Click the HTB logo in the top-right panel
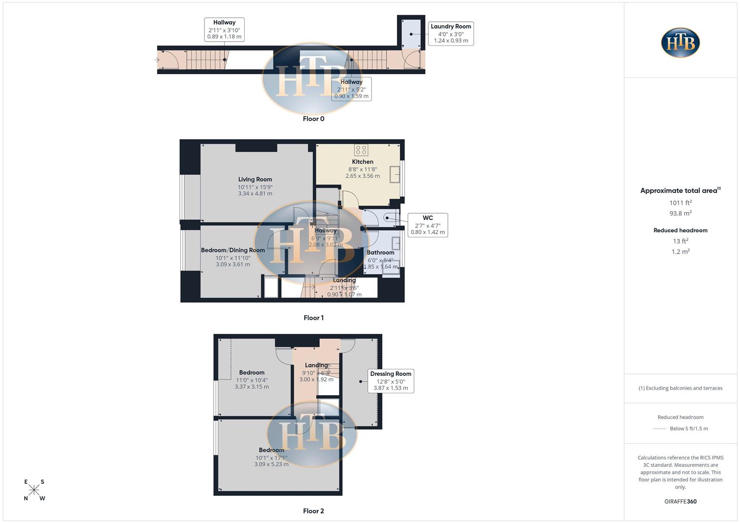tap(680, 43)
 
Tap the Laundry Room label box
tap(451, 33)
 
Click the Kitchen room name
tap(362, 162)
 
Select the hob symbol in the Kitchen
tap(361, 150)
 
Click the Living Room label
tap(255, 180)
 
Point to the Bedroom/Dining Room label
tap(233, 250)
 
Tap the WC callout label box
tap(427, 225)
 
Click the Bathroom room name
tap(380, 252)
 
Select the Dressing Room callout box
tap(391, 381)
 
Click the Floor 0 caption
tap(314, 119)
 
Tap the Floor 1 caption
tap(314, 318)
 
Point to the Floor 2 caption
tap(314, 511)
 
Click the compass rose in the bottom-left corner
tap(34, 490)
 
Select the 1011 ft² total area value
tap(680, 203)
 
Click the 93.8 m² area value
tap(680, 214)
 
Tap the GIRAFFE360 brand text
tap(680, 502)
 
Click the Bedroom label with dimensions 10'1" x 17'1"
tap(271, 457)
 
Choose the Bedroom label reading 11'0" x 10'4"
tap(252, 380)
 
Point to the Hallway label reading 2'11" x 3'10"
tap(224, 30)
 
